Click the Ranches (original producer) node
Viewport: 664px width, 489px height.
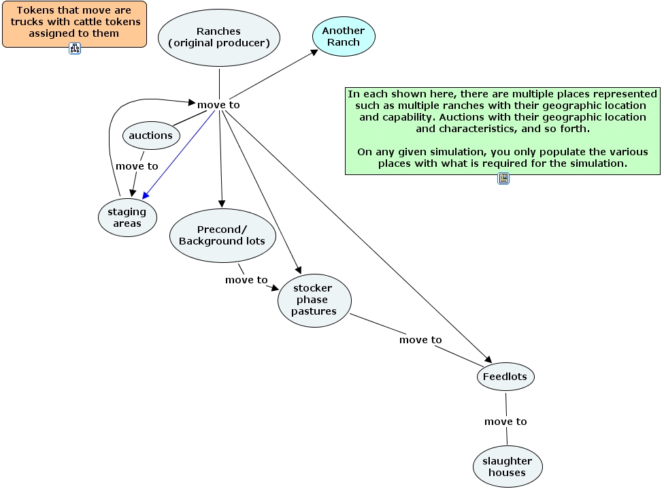click(219, 37)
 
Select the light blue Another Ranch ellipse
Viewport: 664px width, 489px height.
click(344, 36)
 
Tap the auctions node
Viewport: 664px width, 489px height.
click(151, 136)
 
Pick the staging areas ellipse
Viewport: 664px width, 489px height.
click(127, 217)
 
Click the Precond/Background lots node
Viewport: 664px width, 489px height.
click(222, 235)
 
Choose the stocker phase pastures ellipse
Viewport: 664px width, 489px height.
click(314, 300)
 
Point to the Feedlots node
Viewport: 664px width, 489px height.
click(505, 377)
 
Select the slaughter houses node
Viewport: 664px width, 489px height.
click(507, 467)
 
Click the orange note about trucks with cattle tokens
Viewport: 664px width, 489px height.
click(74, 24)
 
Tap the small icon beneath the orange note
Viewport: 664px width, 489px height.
click(75, 48)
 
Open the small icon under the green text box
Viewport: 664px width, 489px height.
click(503, 178)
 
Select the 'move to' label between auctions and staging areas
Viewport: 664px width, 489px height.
click(137, 166)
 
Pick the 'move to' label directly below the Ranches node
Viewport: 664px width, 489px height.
click(218, 105)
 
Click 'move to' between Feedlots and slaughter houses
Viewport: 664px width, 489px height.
click(505, 422)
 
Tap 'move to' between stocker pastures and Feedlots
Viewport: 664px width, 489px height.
click(420, 340)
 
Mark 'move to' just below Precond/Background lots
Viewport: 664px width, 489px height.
click(246, 280)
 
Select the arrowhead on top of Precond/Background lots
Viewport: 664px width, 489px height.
click(222, 204)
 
